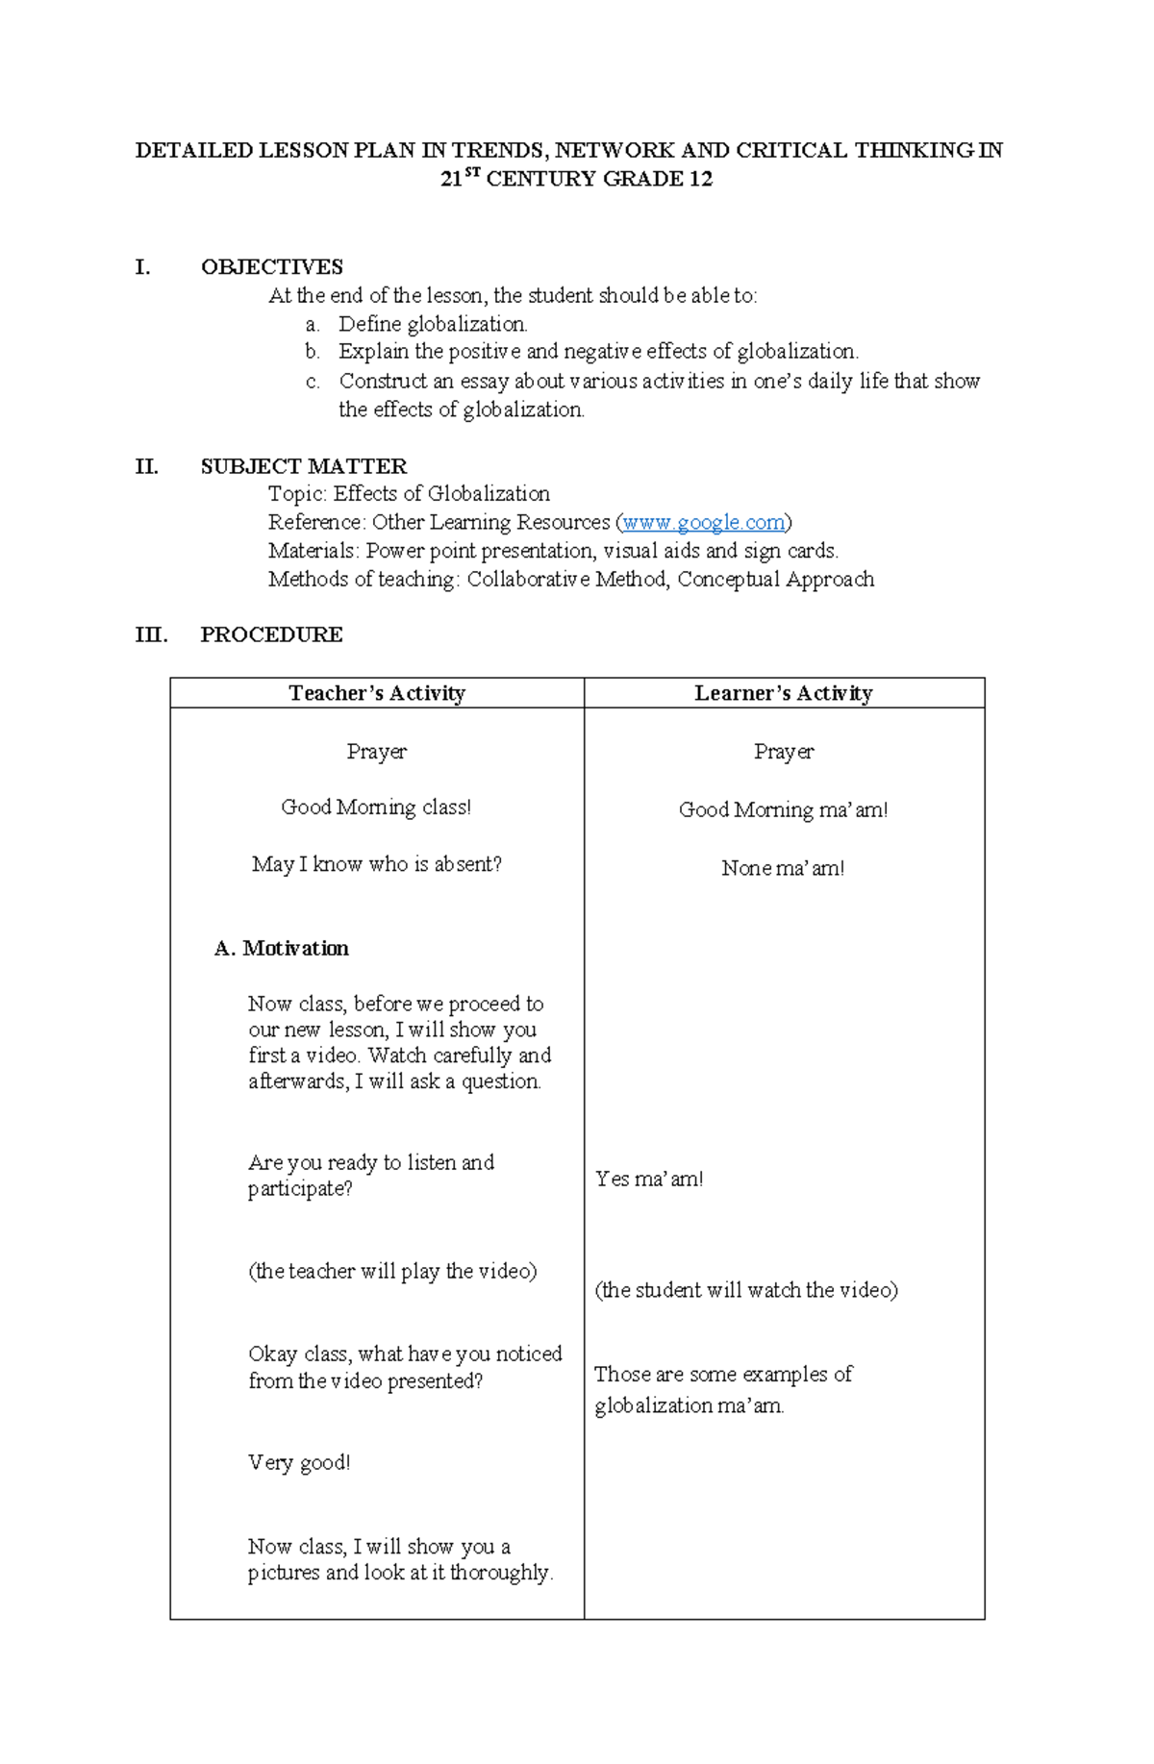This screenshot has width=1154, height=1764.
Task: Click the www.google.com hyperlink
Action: [703, 522]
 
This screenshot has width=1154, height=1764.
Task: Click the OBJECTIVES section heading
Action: [271, 266]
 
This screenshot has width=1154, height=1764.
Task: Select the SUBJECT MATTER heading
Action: [303, 466]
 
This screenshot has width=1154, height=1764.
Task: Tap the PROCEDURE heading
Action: [271, 634]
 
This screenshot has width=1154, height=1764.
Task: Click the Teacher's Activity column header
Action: [377, 693]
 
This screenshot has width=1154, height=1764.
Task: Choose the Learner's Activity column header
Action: [784, 693]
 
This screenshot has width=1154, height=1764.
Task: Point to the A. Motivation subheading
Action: [281, 948]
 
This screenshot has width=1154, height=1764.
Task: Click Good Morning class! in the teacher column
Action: [376, 807]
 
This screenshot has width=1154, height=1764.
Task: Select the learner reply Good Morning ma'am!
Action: [783, 809]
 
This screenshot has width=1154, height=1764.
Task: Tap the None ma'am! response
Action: [783, 868]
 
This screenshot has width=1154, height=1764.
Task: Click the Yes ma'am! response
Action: [649, 1179]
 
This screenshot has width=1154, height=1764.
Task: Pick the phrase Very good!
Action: [299, 1462]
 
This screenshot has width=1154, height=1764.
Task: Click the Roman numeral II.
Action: [146, 466]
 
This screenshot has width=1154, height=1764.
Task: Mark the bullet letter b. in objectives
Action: [312, 352]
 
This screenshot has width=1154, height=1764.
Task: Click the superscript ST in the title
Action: [471, 172]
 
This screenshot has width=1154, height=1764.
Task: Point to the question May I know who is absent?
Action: [376, 864]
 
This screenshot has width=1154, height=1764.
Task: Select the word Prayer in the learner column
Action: [783, 751]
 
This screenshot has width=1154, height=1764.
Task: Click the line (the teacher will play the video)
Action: [392, 1271]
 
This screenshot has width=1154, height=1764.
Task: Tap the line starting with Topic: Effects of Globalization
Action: [409, 493]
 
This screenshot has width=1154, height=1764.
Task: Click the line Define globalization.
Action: [433, 324]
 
